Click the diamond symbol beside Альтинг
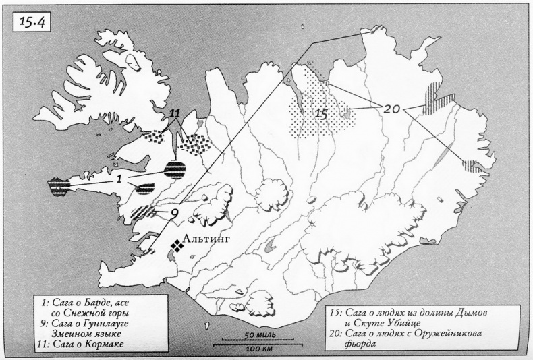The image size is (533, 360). (178, 246)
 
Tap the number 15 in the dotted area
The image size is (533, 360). (321, 114)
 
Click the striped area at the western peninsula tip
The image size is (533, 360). (60, 186)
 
